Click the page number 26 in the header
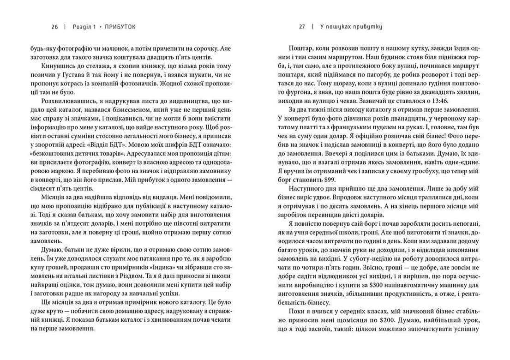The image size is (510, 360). click(x=54, y=27)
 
